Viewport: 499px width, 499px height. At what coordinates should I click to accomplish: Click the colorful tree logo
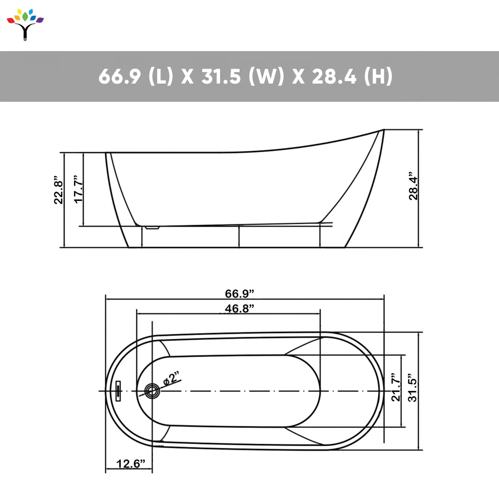pyautogui.click(x=25, y=25)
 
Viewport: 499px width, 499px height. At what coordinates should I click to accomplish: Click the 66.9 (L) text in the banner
pyautogui.click(x=136, y=77)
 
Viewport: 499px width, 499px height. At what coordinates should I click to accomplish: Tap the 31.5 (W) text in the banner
pyautogui.click(x=242, y=77)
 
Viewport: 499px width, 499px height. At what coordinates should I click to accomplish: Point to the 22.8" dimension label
pyautogui.click(x=59, y=192)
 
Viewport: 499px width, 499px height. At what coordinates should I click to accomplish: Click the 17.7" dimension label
pyautogui.click(x=78, y=190)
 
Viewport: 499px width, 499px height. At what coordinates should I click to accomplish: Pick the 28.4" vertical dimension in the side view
pyautogui.click(x=413, y=186)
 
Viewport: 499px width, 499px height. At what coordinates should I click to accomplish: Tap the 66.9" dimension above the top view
pyautogui.click(x=240, y=294)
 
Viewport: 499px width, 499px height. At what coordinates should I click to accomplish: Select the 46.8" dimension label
pyautogui.click(x=240, y=309)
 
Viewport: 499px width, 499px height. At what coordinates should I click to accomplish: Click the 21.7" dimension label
pyautogui.click(x=396, y=387)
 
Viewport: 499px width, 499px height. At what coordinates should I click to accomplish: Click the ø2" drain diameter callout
pyautogui.click(x=171, y=379)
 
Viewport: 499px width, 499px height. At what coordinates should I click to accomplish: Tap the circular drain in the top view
pyautogui.click(x=151, y=391)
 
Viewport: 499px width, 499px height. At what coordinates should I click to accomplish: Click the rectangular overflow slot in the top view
pyautogui.click(x=119, y=391)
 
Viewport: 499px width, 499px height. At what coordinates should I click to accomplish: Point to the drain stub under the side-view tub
pyautogui.click(x=152, y=227)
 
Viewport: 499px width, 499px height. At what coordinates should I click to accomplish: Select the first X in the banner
pyautogui.click(x=188, y=77)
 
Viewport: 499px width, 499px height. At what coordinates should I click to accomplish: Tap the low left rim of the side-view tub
pyautogui.click(x=109, y=154)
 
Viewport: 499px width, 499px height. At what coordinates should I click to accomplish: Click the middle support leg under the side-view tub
pyautogui.click(x=239, y=236)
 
